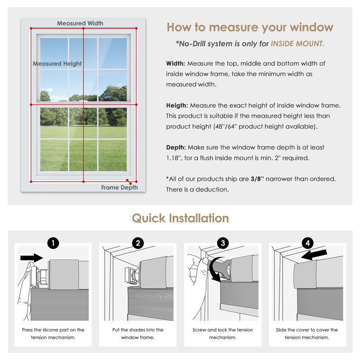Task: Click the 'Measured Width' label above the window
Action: point(80,23)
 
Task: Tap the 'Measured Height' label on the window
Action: point(57,63)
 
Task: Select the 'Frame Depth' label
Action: point(119,188)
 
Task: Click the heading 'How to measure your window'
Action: point(250,28)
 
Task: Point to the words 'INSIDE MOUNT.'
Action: point(297,44)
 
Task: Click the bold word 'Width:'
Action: point(175,63)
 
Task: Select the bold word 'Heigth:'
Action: point(177,106)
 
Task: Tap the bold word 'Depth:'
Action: point(176,148)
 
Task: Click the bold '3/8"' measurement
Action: point(257,179)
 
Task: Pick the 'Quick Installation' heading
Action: point(180,218)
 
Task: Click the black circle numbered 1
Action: point(53,243)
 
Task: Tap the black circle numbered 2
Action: point(138,243)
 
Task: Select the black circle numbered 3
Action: point(223,243)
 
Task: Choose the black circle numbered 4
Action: point(308,243)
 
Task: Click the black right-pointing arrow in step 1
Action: point(31,258)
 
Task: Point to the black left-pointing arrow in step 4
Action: point(314,255)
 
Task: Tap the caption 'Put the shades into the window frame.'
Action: point(138,333)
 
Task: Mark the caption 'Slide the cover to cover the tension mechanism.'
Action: point(307,333)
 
